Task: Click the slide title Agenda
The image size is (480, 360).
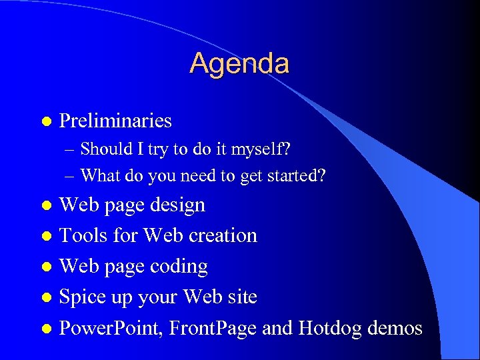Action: [x=239, y=64]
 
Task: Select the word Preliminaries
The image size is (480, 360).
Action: [x=115, y=121]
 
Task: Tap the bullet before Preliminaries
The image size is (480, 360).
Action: [x=45, y=122]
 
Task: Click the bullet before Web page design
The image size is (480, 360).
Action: [x=45, y=206]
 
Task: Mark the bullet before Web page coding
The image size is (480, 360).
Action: [x=45, y=267]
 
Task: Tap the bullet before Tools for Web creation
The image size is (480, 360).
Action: [x=45, y=237]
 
